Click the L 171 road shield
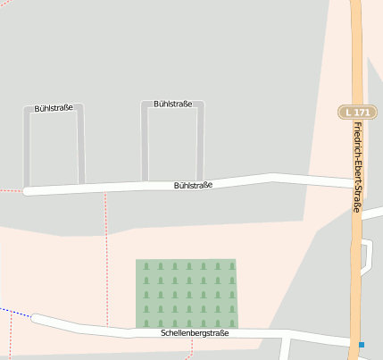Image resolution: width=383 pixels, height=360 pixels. (x=355, y=112)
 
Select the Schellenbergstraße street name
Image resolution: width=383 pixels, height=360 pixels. (x=195, y=333)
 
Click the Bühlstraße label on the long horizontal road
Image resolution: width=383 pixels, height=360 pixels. (x=193, y=185)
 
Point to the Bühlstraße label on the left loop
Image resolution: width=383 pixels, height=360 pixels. (x=54, y=108)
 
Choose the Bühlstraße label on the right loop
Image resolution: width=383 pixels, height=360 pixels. (x=172, y=104)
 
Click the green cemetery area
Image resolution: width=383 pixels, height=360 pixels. (x=187, y=293)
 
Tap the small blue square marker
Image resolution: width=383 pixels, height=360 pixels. (x=362, y=344)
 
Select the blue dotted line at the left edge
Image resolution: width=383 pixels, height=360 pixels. (x=13, y=311)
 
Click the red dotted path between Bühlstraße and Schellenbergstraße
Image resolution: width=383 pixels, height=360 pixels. (x=106, y=259)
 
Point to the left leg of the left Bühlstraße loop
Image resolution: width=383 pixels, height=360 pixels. (x=27, y=147)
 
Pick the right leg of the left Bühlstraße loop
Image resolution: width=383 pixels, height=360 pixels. (x=81, y=143)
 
